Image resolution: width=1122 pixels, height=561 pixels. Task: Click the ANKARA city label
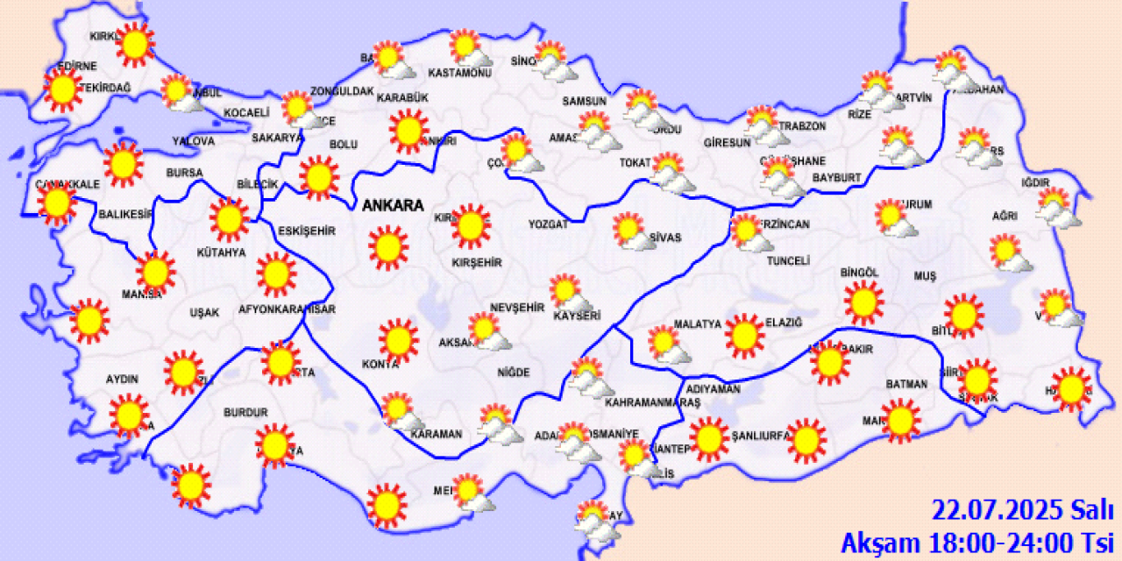point(393,207)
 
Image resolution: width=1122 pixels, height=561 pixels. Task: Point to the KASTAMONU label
point(459,73)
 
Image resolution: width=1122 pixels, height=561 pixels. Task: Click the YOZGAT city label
point(549,224)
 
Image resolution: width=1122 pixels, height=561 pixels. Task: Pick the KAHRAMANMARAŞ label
point(653,402)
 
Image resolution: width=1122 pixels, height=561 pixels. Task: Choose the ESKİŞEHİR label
point(307,231)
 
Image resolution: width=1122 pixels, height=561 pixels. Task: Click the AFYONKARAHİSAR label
point(288,309)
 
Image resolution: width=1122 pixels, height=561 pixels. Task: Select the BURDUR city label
point(245,412)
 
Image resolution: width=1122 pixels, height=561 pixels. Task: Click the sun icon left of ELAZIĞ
point(744,336)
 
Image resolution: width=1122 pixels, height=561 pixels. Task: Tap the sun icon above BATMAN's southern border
point(900,421)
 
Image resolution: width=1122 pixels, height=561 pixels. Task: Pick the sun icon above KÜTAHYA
point(230,219)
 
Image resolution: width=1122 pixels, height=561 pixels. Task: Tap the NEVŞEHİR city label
point(517,308)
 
